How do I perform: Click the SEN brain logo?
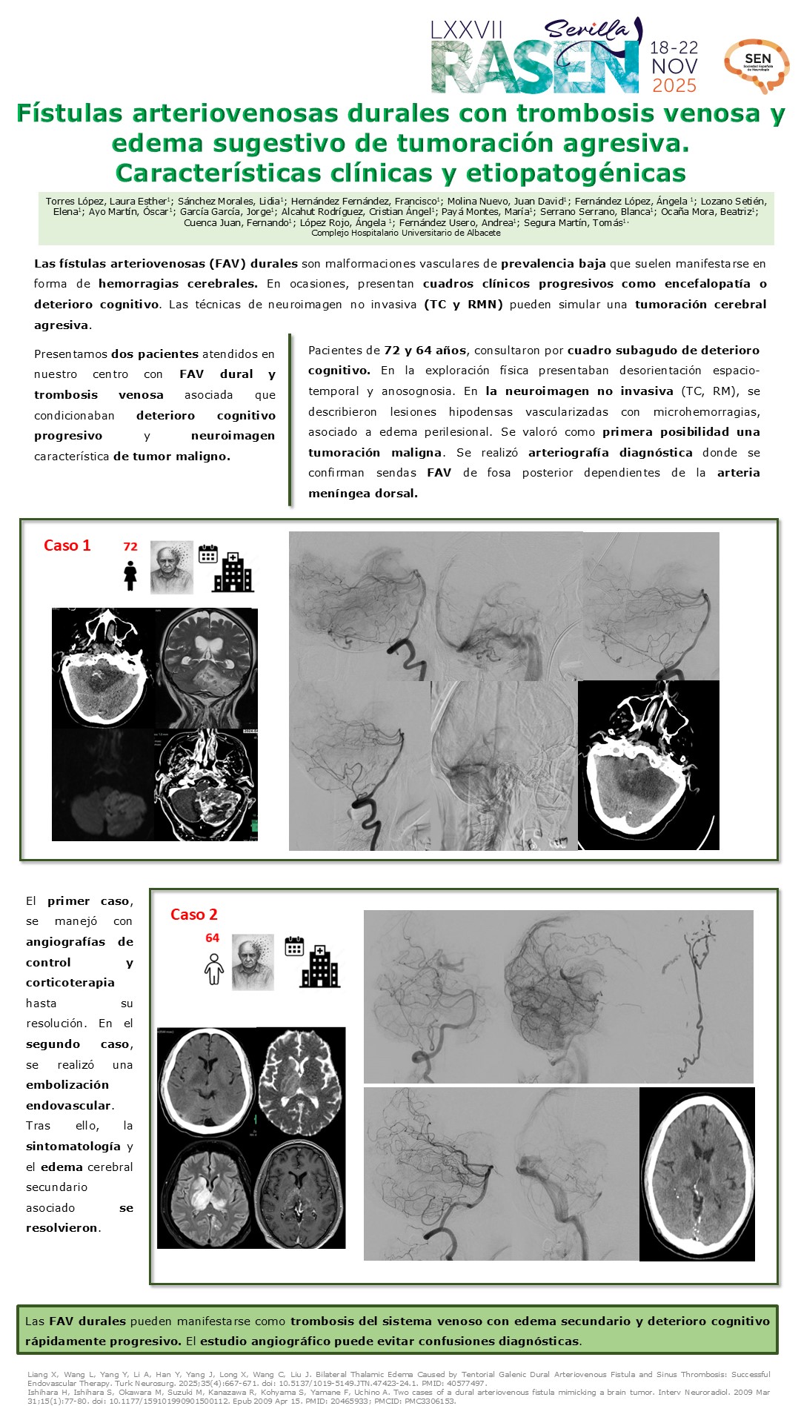coord(757,65)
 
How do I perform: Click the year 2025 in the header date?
coord(674,86)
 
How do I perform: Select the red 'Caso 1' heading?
coord(67,546)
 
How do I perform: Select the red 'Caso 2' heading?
coord(193,915)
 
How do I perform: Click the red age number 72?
coord(130,547)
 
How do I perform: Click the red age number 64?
coord(213,938)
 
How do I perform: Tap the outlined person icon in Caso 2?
coord(214,969)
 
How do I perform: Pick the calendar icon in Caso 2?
coord(294,946)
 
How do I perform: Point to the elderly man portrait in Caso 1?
coord(172,567)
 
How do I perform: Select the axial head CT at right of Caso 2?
coord(697,1174)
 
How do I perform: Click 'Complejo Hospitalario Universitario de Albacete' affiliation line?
coord(405,233)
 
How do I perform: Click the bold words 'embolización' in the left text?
coord(67,1085)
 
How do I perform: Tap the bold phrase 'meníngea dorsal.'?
coord(363,494)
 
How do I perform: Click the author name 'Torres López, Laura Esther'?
coord(107,201)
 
